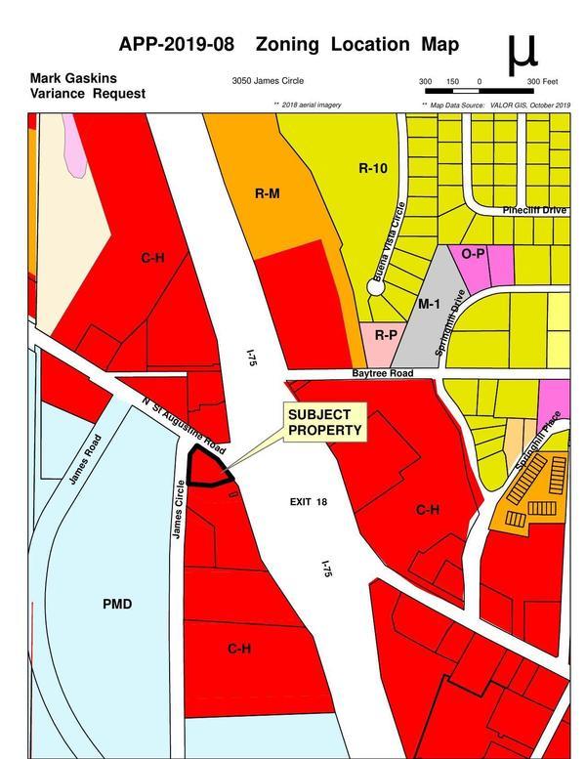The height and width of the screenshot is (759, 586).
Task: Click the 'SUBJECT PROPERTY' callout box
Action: coord(323,422)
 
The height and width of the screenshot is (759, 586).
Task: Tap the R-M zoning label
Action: coord(267,193)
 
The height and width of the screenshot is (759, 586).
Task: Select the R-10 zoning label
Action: coord(373,168)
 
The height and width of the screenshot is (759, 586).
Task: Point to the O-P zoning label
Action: coord(473,253)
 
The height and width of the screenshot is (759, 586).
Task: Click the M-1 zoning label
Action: coord(429,304)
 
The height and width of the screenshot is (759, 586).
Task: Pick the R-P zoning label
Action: coord(386,335)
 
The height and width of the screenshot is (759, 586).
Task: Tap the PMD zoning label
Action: coord(117,605)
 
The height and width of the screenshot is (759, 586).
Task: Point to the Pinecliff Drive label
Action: coord(533,210)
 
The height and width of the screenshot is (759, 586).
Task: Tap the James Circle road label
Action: coord(178,509)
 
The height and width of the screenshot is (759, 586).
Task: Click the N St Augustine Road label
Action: coord(184,427)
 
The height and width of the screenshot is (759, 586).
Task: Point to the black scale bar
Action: coord(478,91)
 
